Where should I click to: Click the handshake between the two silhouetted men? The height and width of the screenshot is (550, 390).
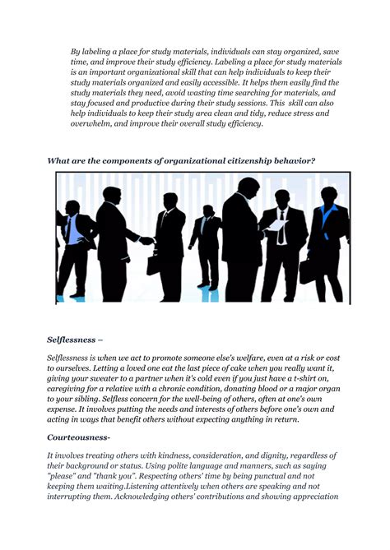pos(146,240)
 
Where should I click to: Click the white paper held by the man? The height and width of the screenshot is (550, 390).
pos(277,224)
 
